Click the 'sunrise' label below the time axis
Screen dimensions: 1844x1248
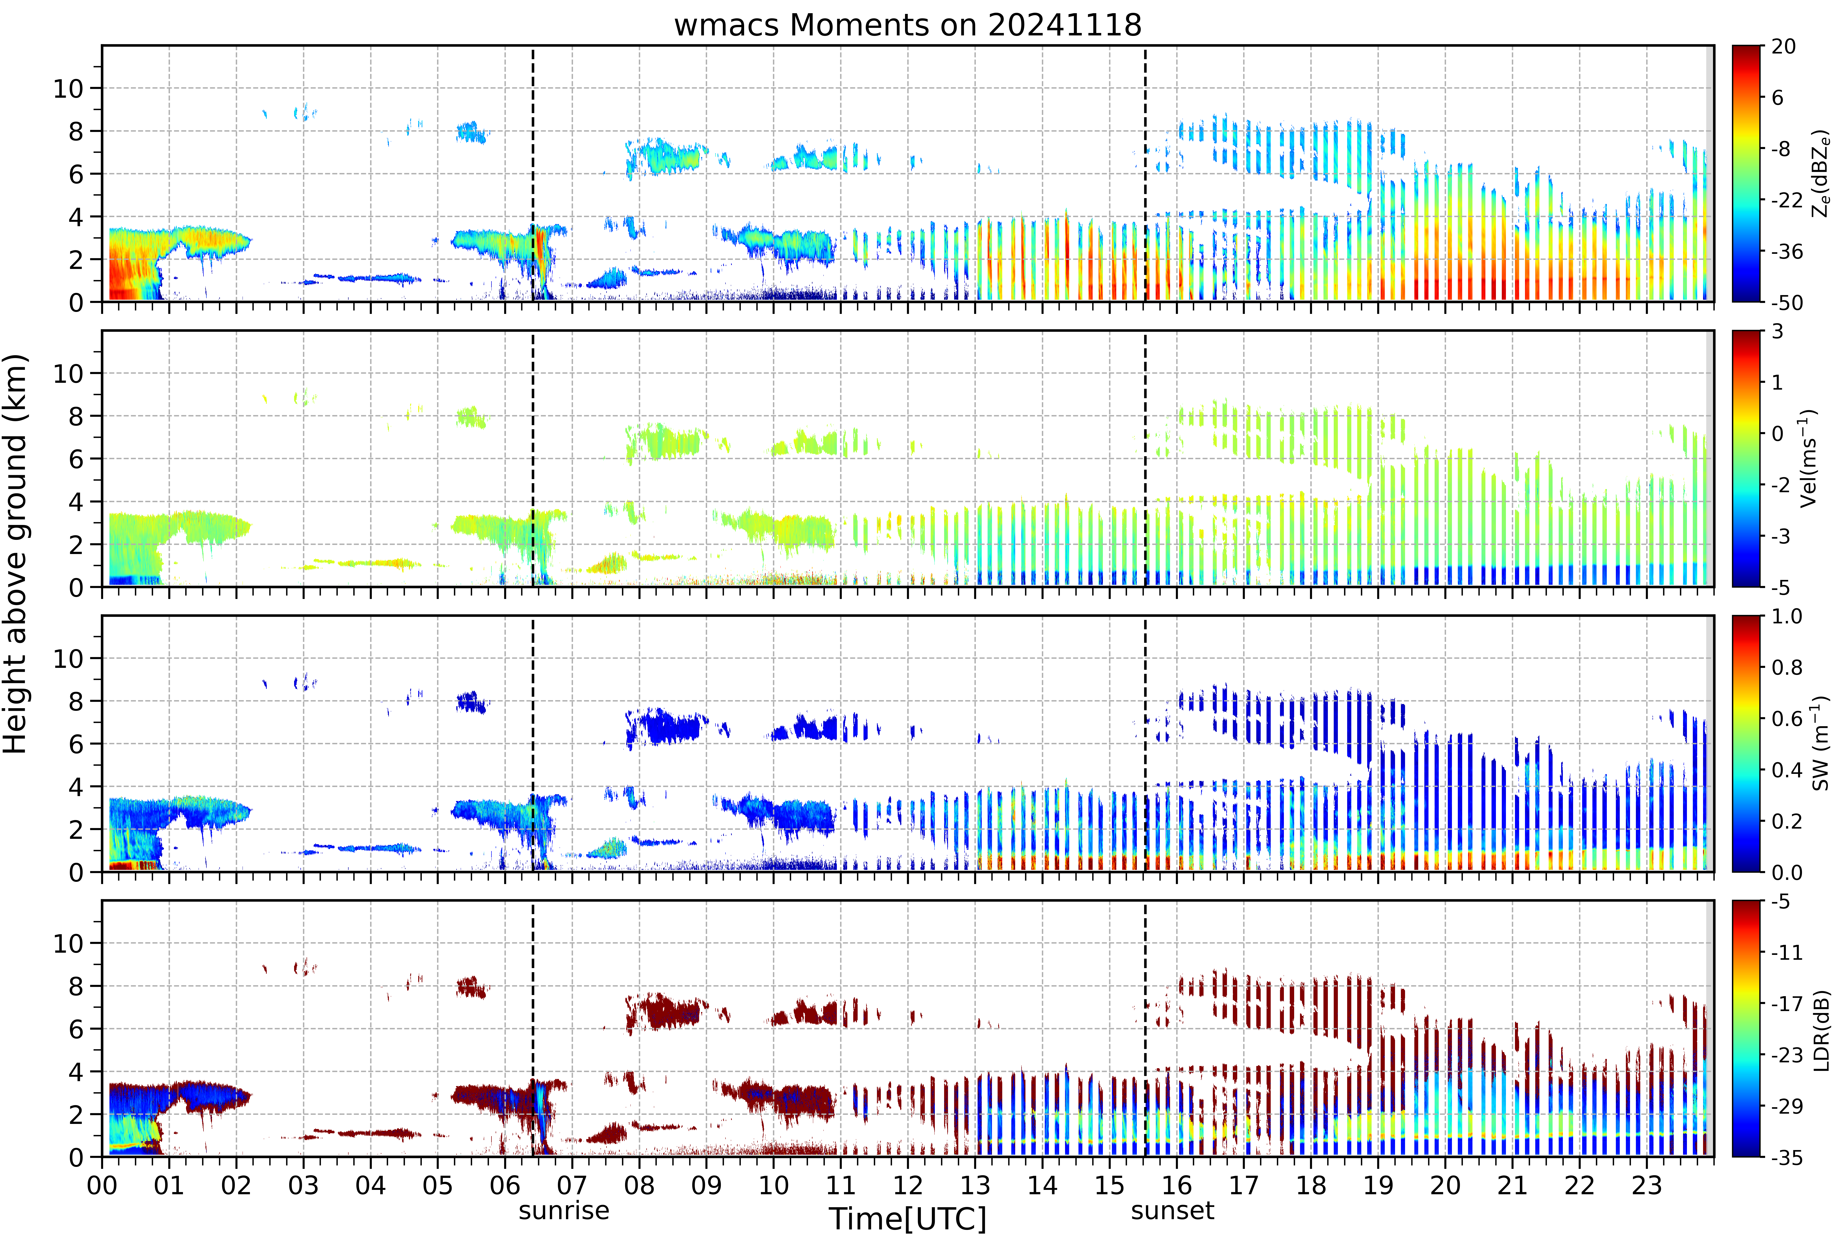click(x=564, y=1211)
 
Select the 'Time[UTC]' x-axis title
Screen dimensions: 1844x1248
click(x=908, y=1219)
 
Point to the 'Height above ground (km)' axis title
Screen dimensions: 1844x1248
click(x=16, y=554)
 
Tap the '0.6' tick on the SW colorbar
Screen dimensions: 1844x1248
click(x=1787, y=719)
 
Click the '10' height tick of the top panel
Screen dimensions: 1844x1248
click(x=68, y=89)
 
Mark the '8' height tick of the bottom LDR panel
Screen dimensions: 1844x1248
click(x=75, y=986)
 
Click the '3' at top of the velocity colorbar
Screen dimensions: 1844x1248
click(x=1777, y=332)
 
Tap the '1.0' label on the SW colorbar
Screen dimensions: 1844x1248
click(x=1787, y=617)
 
